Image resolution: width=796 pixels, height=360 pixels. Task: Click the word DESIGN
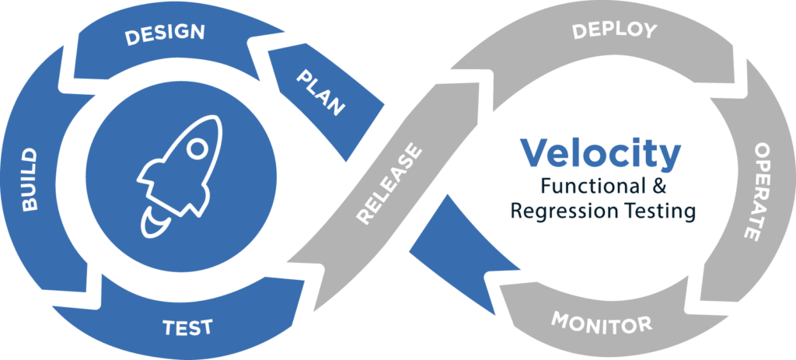[165, 33]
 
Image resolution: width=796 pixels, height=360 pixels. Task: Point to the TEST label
[188, 326]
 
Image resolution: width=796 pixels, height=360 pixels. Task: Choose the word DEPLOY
[614, 32]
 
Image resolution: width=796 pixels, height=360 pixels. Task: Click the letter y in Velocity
[670, 159]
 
